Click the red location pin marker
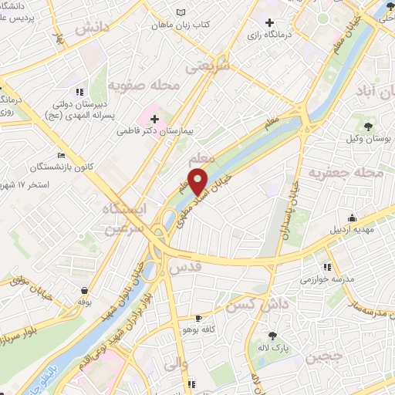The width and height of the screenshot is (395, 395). point(199,180)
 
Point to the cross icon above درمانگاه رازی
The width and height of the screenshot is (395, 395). point(268,22)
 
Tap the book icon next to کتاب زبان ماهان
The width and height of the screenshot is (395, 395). point(181,13)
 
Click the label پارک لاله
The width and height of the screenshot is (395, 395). point(272,348)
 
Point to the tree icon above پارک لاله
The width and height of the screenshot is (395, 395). point(272,336)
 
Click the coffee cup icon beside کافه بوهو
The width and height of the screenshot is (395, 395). point(199,318)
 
